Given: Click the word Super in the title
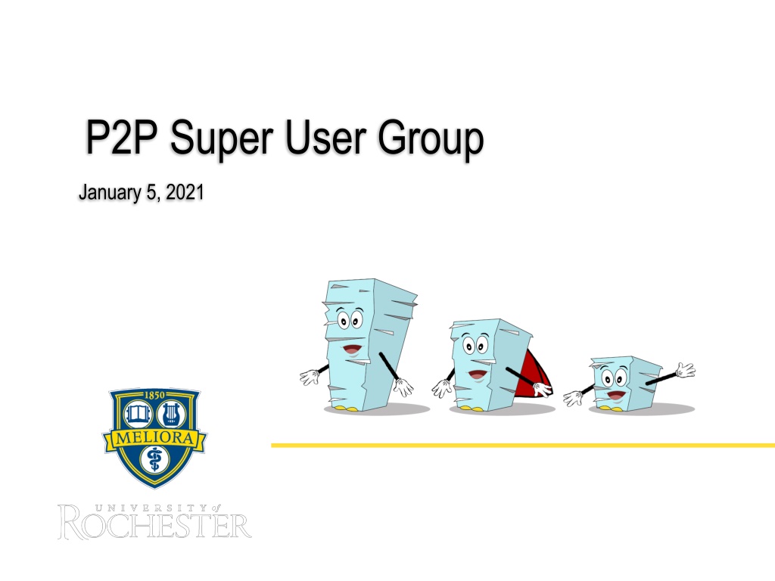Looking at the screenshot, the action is coord(222,138).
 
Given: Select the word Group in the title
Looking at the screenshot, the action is coord(431,138).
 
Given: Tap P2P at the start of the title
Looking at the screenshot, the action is coord(122,138).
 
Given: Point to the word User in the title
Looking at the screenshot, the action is coord(325,138).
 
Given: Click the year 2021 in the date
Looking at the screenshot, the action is coord(185,192).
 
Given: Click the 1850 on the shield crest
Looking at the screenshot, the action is coord(154,395).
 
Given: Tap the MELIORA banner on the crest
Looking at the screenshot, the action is coord(154,438).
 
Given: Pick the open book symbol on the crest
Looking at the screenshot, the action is coord(138,413).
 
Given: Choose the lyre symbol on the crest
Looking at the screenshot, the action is coord(171,413).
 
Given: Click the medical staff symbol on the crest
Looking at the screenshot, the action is coord(154,459).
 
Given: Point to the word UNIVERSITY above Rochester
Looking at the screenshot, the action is coord(151,508).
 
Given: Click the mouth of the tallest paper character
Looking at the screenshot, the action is coord(352,350).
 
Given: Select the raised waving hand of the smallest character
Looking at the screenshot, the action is coord(686,369).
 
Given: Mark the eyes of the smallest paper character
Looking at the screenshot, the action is coord(615,379).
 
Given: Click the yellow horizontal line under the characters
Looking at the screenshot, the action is coord(523,445).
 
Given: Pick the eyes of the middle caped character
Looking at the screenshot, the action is coord(475,344).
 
